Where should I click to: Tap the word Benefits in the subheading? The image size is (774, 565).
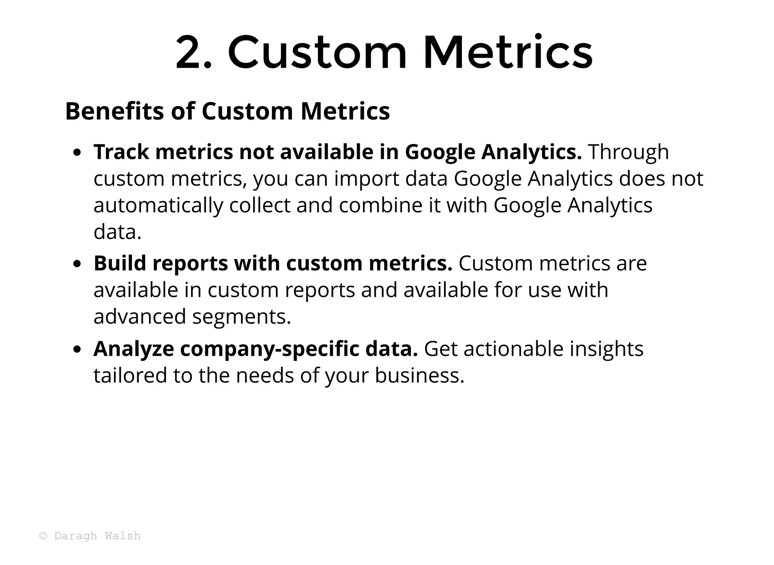pos(115,111)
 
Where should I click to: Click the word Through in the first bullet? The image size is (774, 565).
pos(628,152)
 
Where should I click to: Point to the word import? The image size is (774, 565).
pos(367,179)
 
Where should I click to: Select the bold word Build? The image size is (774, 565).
pos(120,263)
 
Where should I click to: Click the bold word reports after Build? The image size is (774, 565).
pos(190,264)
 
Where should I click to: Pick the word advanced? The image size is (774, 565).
pos(140,317)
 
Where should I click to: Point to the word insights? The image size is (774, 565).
pos(607,349)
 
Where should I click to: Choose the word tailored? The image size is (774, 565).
pos(130,376)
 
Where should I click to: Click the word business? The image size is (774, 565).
pos(420,376)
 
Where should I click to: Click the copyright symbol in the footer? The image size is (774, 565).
pos(43,536)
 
